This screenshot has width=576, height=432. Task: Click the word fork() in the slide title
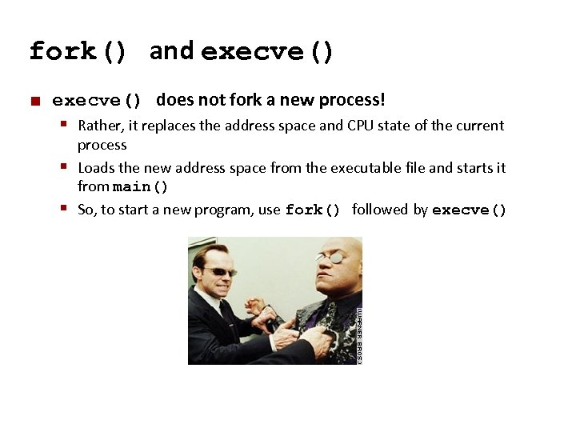[x=78, y=52]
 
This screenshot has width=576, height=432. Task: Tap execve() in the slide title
[x=267, y=52]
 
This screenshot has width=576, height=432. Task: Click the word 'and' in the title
[x=171, y=50]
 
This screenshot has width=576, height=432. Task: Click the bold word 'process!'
[x=352, y=100]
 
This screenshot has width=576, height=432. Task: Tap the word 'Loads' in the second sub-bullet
[x=96, y=167]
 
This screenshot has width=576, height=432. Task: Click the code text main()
[x=141, y=188]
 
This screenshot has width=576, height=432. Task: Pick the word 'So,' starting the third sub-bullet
[x=86, y=210]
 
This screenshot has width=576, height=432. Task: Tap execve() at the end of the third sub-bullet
[x=470, y=210]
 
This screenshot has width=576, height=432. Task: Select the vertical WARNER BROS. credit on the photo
[x=359, y=334]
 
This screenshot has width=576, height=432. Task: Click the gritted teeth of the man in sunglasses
[x=219, y=285]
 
